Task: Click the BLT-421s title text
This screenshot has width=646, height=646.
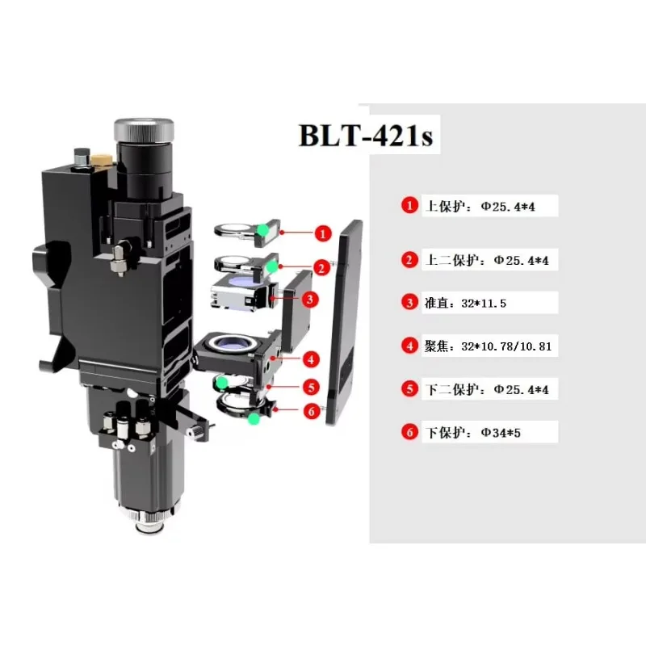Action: click(x=366, y=135)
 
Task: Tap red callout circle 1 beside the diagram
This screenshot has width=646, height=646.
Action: click(x=323, y=233)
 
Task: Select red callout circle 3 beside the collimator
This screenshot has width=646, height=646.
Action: click(x=310, y=299)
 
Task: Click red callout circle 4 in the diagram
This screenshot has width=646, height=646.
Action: click(x=311, y=359)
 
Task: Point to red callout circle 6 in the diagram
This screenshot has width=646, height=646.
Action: click(x=312, y=410)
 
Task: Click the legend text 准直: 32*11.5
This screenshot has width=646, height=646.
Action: click(x=465, y=304)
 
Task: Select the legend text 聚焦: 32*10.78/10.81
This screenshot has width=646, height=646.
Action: click(x=488, y=346)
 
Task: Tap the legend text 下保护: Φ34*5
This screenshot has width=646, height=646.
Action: click(x=473, y=433)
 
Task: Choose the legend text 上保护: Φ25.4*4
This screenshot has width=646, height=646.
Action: click(x=480, y=206)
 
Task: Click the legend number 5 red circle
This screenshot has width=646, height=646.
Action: click(x=409, y=389)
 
